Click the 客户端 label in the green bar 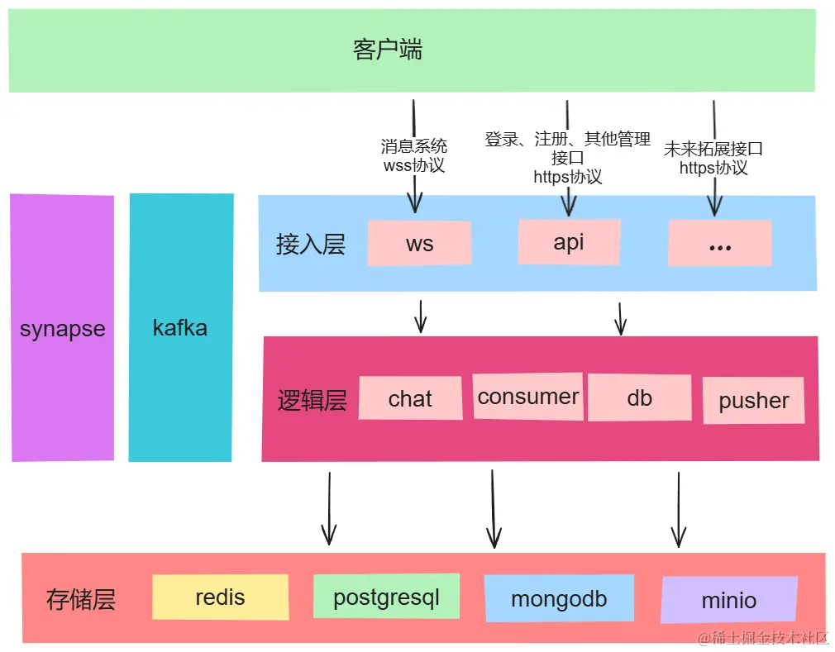[387, 50]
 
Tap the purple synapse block [62, 328]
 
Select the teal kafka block [180, 328]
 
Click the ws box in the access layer [419, 243]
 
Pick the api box [569, 241]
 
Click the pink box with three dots [719, 243]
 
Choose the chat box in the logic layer [410, 398]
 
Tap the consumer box [528, 397]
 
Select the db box [639, 397]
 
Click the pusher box [753, 401]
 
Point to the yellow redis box [220, 597]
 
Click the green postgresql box [386, 597]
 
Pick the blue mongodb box [559, 599]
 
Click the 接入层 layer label [310, 245]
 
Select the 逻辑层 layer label [312, 401]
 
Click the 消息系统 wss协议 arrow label [413, 155]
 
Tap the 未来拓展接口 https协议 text [713, 158]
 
